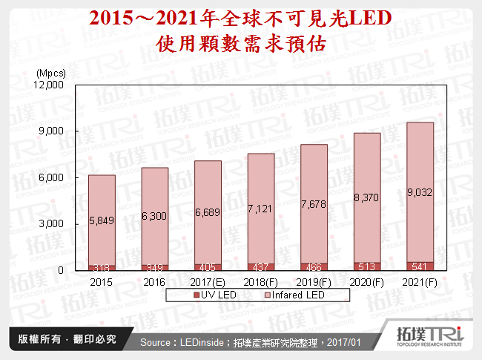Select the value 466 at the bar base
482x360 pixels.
314,266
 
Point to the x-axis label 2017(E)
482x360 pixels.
208,282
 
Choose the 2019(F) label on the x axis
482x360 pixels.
314,282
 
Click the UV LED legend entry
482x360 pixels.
219,295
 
